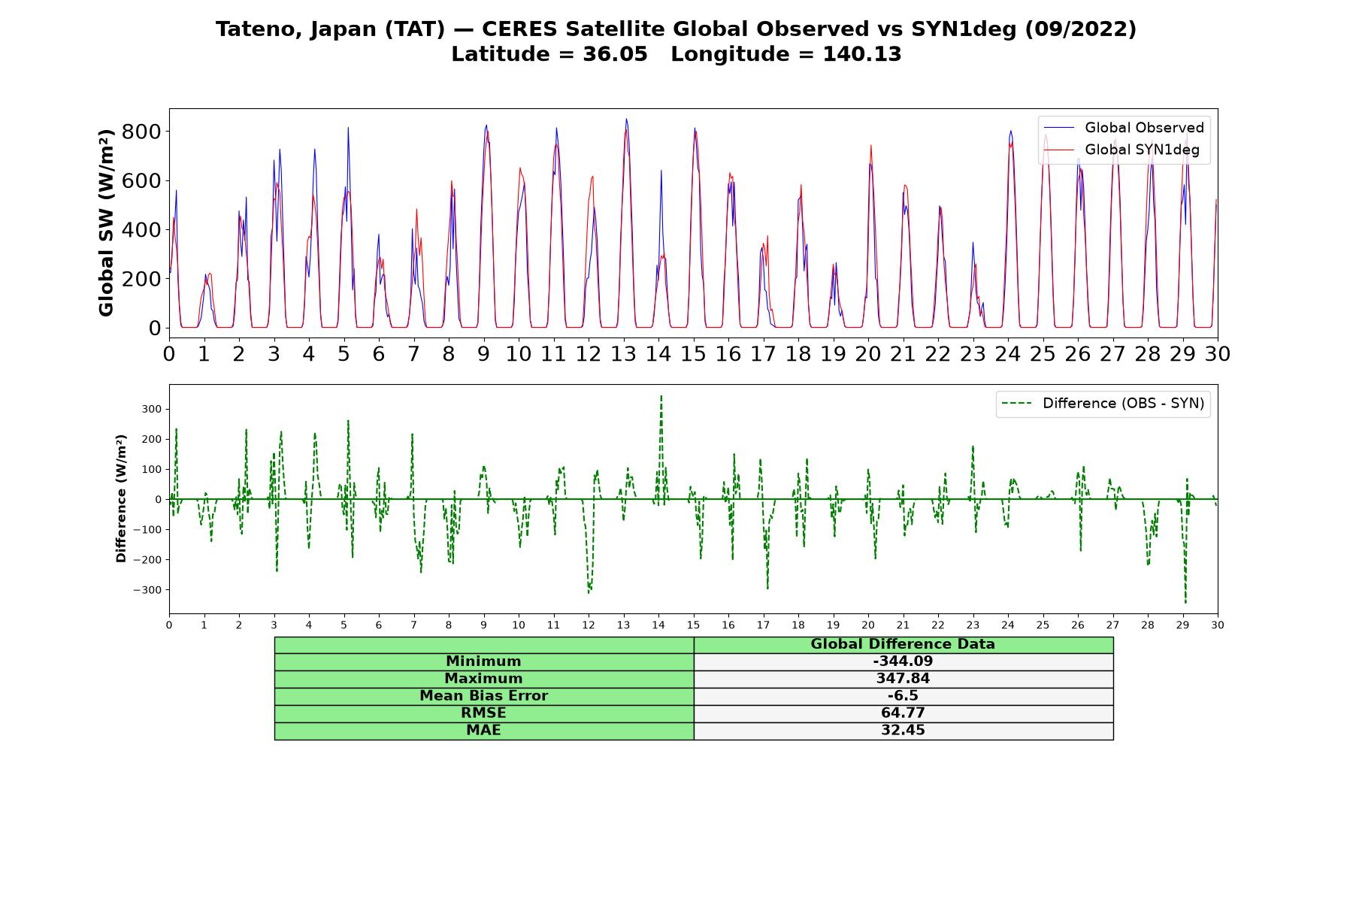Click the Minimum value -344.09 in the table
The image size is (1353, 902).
[x=903, y=661]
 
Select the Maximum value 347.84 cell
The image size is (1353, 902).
[x=903, y=679]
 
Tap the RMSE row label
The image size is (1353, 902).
[x=483, y=713]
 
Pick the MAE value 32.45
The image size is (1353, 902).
[x=903, y=731]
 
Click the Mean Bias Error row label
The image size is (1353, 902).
[x=483, y=696]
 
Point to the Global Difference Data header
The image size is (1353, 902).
[x=903, y=644]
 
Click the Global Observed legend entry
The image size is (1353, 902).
[x=1124, y=128]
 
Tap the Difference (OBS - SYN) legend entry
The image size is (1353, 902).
[x=1103, y=404]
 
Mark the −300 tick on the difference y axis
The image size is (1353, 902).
[x=147, y=590]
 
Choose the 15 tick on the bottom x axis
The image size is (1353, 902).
[x=693, y=625]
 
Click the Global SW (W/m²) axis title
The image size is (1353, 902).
[x=106, y=222]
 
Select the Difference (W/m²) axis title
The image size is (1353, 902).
[x=121, y=499]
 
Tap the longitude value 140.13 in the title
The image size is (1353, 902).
[x=861, y=54]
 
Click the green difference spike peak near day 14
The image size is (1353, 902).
[x=661, y=395]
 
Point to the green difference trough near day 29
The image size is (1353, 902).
[x=1185, y=602]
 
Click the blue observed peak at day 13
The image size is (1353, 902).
[x=626, y=119]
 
